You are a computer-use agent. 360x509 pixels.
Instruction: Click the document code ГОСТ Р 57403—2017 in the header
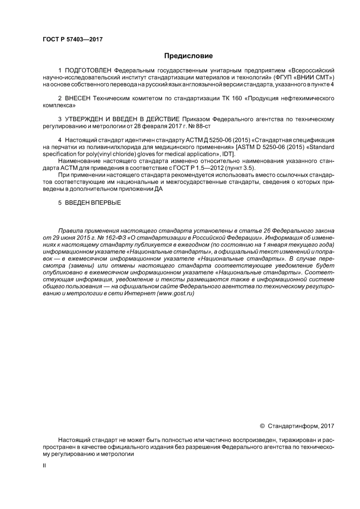[73, 39]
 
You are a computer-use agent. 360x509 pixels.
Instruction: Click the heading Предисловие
[188, 56]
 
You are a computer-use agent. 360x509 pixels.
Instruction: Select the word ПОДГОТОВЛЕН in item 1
[88, 70]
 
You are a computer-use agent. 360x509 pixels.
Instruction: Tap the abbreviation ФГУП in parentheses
[282, 77]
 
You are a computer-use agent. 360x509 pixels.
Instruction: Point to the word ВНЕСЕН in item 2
[78, 98]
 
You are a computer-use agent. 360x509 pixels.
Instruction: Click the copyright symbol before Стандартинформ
[262, 426]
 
